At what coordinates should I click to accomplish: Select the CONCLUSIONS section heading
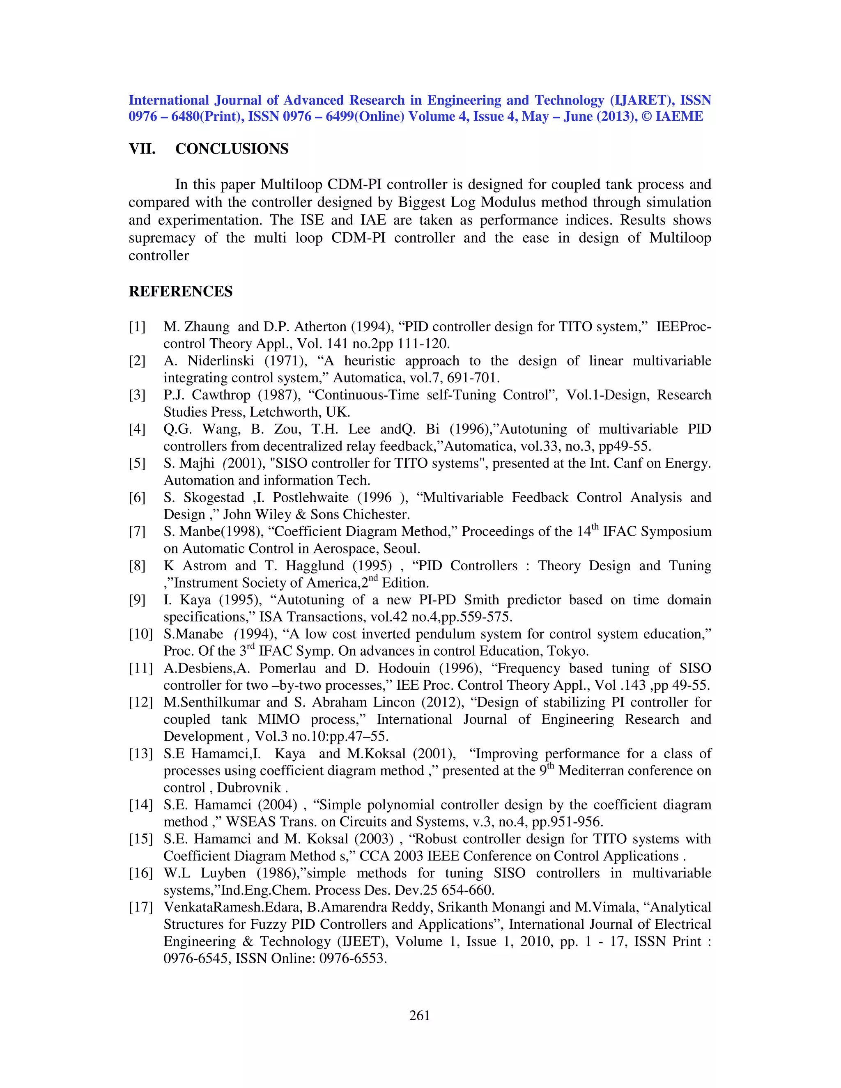coord(232,149)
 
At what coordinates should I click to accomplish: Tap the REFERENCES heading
coord(180,292)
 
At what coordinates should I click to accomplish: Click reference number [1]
coord(138,327)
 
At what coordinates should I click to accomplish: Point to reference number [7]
coord(138,532)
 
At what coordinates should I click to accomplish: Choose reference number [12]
coord(140,702)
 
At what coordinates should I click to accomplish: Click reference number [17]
coord(140,907)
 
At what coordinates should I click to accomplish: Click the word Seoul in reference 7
coord(401,549)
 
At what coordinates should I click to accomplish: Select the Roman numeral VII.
coord(142,149)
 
